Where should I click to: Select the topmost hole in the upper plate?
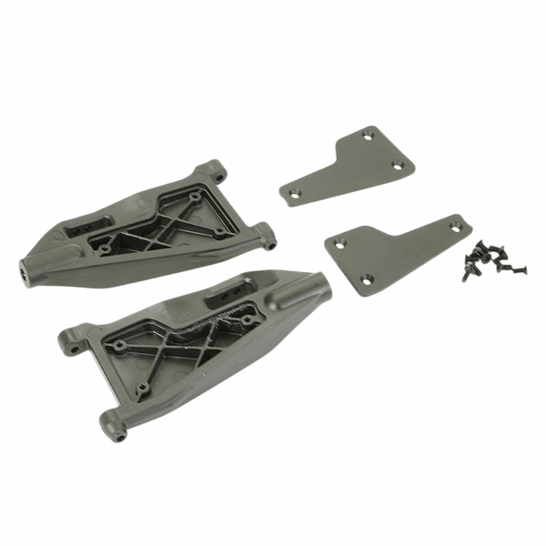pos(367,136)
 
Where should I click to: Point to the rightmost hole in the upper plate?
pos(397,166)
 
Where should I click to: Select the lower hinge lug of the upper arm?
pos(268,241)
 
